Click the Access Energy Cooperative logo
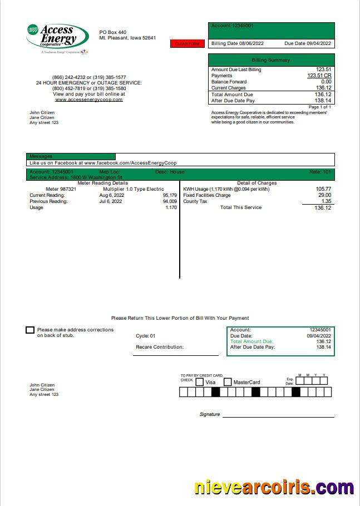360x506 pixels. point(57,38)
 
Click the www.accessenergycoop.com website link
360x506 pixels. point(89,100)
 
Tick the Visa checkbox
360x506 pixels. point(200,382)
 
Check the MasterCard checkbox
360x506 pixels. point(228,382)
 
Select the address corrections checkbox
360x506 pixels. point(30,330)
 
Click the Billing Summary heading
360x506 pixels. point(271,60)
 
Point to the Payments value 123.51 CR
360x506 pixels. point(319,76)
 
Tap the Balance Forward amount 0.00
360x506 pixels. point(326,82)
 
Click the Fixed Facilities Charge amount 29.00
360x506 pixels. point(324,195)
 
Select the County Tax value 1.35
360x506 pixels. point(326,201)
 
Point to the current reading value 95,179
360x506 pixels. point(170,195)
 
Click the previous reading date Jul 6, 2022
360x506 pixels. point(111,201)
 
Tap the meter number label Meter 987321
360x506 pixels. point(61,189)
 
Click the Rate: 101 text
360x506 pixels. point(320,172)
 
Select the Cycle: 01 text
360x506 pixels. point(146,336)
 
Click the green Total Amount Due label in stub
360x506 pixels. point(251,341)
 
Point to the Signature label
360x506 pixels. point(210,414)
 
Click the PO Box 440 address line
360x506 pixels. point(113,32)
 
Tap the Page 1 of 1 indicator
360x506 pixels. point(320,107)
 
